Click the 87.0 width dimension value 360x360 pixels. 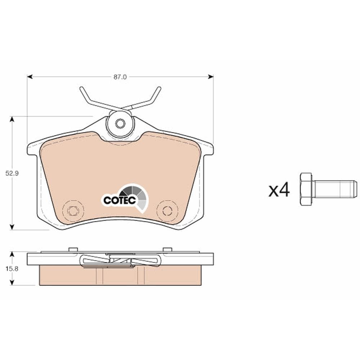point(120,77)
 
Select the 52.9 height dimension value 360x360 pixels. point(12,174)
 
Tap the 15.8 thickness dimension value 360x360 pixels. point(12,269)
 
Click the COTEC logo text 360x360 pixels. point(120,201)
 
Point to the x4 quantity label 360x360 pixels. point(279,190)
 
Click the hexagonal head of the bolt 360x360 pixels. point(306,189)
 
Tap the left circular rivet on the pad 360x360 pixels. point(73,211)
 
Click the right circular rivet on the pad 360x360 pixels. point(167,211)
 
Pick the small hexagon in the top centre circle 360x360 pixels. point(120,124)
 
